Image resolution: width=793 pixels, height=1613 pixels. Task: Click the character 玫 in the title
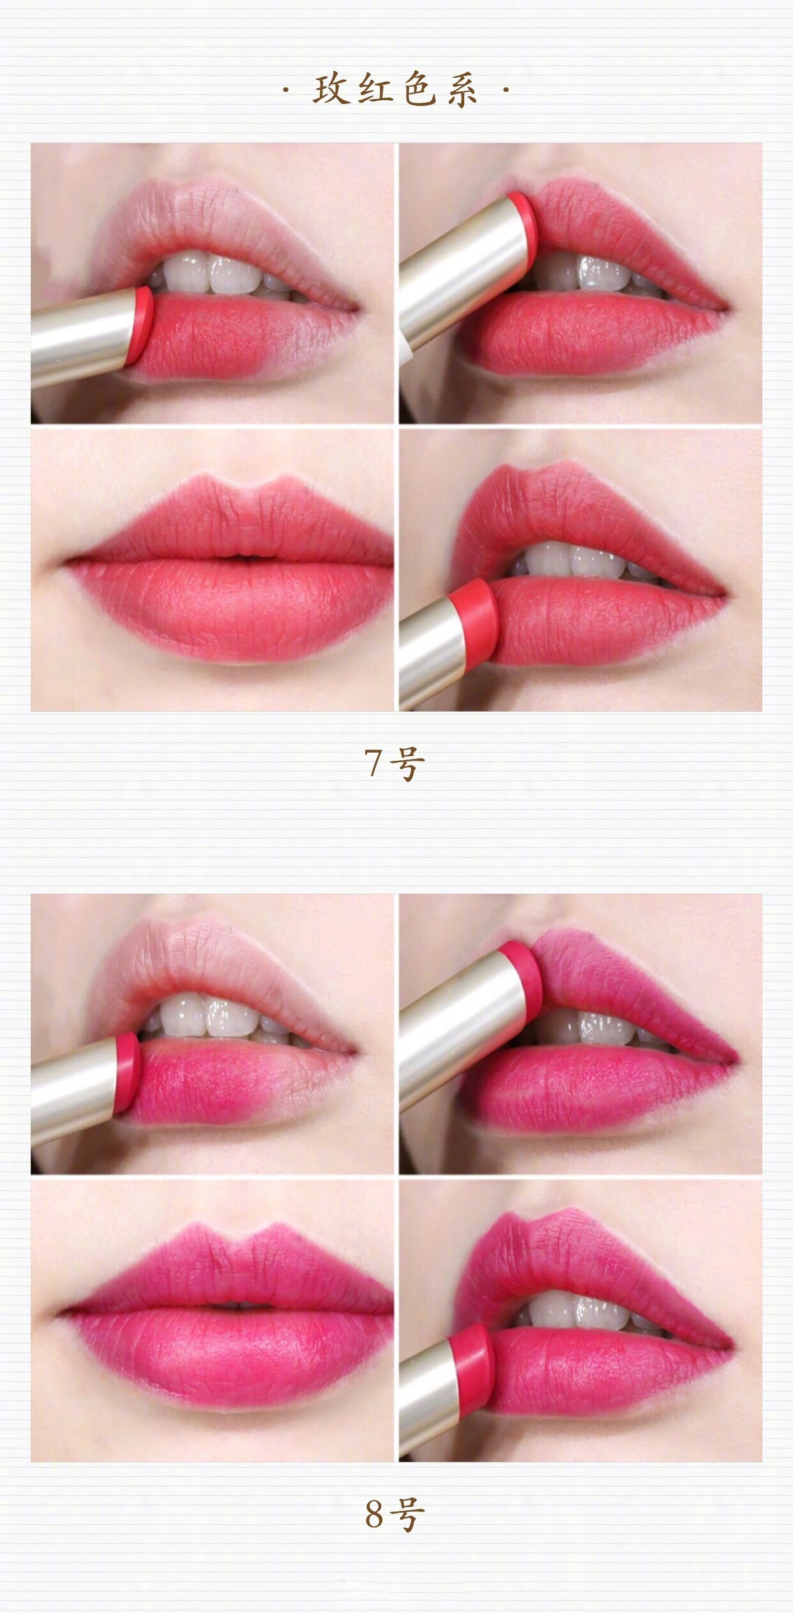pyautogui.click(x=333, y=90)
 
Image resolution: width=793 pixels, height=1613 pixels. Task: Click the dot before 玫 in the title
pyautogui.click(x=285, y=91)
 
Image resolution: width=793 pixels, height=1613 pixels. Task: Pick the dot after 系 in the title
pyautogui.click(x=506, y=91)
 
